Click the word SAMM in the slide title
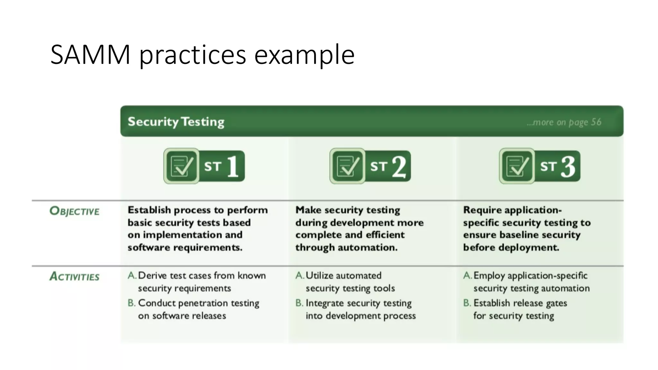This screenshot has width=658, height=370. [x=90, y=55]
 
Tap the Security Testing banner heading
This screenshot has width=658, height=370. [x=176, y=122]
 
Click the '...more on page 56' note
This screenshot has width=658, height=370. [x=564, y=122]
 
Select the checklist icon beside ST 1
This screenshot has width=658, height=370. [x=182, y=166]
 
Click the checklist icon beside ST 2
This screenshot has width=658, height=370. [x=348, y=166]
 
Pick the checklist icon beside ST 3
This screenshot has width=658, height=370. [x=517, y=166]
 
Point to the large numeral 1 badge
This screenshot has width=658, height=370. [x=233, y=166]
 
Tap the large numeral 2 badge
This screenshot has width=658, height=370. [x=399, y=167]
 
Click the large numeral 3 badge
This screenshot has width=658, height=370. [x=568, y=167]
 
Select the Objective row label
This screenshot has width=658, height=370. [x=75, y=211]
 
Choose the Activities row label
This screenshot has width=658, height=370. [x=75, y=277]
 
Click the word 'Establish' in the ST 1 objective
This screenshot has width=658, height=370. [x=149, y=210]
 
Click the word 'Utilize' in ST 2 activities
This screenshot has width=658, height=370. [x=319, y=276]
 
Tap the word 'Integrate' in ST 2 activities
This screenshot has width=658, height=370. [x=325, y=304]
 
